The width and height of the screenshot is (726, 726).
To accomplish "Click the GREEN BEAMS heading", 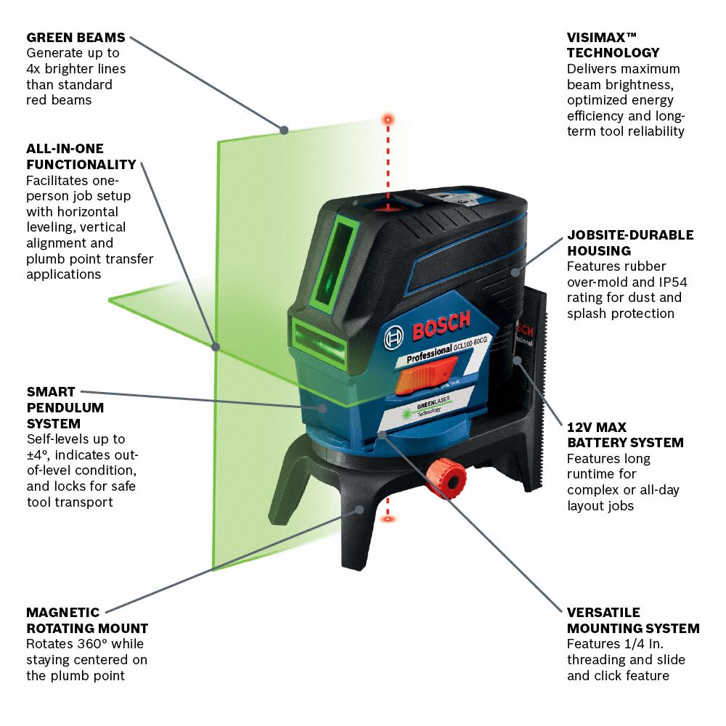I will click(x=76, y=37).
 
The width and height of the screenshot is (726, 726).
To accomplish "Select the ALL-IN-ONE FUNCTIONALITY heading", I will click(x=81, y=157).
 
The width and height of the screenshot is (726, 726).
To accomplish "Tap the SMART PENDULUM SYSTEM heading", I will click(x=65, y=407).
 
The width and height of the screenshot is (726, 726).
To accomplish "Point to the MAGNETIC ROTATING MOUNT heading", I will click(x=87, y=621).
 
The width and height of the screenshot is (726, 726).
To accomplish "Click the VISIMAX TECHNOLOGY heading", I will click(x=613, y=45).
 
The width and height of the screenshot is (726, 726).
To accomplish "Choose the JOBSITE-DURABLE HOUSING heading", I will click(x=629, y=242).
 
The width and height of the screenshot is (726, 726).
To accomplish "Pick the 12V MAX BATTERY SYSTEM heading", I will click(x=625, y=435).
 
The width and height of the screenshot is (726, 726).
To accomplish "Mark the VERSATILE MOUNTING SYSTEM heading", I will click(x=633, y=621).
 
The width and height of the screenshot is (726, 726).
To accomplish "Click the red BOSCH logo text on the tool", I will click(x=441, y=325).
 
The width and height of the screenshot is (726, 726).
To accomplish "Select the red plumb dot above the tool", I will click(x=388, y=118).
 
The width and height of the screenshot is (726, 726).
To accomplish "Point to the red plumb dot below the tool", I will click(x=388, y=519).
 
